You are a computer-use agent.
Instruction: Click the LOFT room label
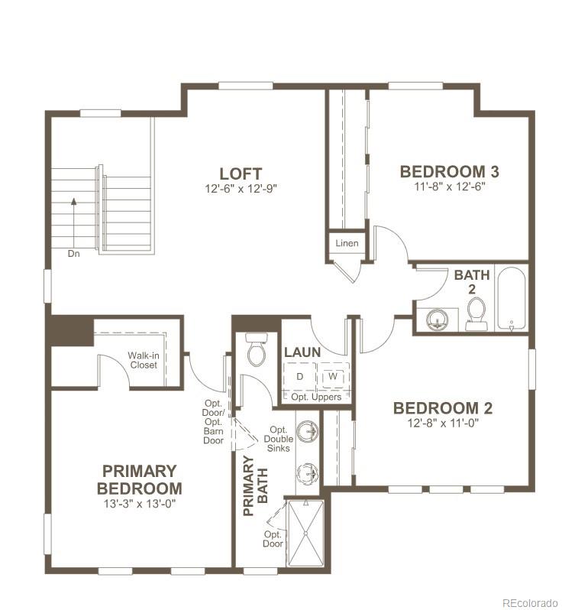click(x=241, y=174)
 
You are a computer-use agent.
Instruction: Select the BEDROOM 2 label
click(x=443, y=407)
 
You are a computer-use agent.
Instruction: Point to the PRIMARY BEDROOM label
click(x=139, y=479)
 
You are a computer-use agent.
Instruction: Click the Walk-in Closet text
click(x=143, y=359)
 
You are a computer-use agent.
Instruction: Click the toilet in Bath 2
click(x=476, y=313)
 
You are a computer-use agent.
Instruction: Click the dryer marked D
click(x=300, y=377)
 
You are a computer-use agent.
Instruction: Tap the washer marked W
click(x=333, y=377)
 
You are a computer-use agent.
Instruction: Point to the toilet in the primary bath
click(x=256, y=351)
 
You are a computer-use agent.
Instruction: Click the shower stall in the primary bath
click(x=305, y=531)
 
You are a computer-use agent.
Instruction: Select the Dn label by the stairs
click(x=73, y=253)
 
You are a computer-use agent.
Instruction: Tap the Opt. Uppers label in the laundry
click(x=316, y=397)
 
